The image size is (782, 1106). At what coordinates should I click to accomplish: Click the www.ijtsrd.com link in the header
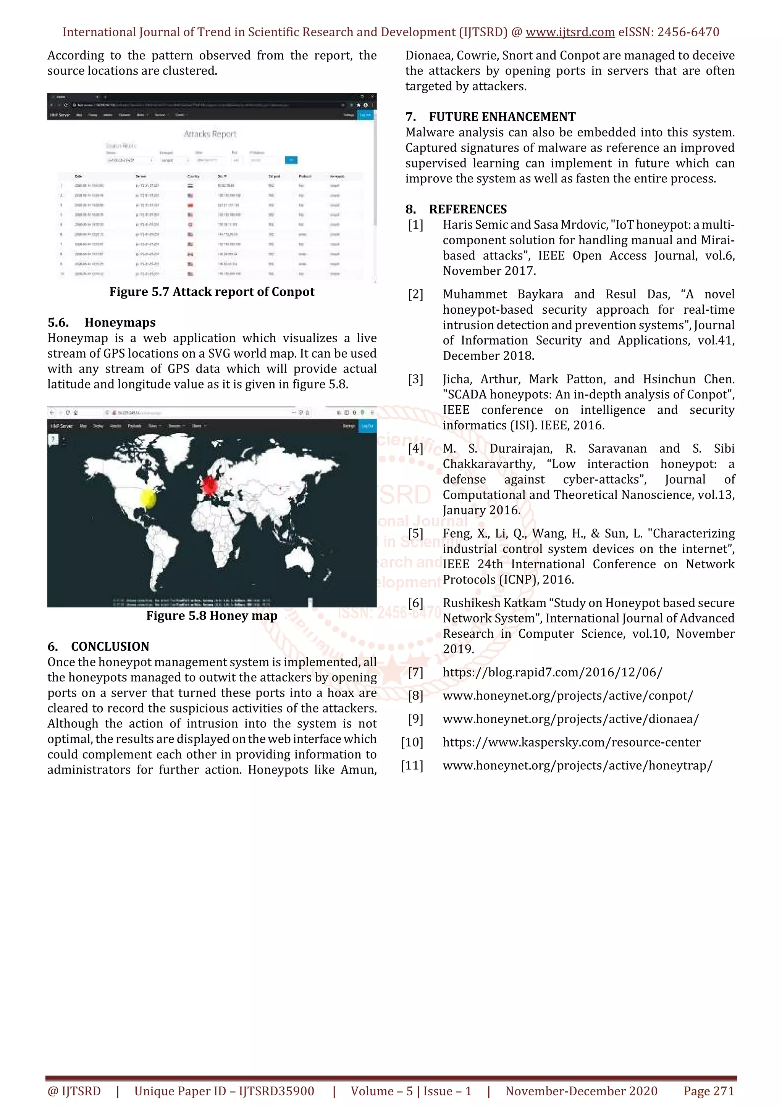click(570, 32)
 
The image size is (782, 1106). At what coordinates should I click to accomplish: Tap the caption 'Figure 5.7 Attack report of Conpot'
click(212, 292)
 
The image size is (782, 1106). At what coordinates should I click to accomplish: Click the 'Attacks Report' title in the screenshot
click(210, 134)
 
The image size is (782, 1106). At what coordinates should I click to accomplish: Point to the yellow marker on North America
click(149, 498)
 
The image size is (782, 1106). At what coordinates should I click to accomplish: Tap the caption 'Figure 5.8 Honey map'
click(212, 616)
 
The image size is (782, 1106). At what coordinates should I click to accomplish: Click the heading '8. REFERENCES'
click(456, 209)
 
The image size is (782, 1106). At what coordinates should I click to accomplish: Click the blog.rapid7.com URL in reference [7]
click(552, 672)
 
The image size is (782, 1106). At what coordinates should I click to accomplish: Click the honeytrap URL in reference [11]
click(577, 766)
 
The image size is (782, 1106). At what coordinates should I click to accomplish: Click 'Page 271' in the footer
click(708, 1091)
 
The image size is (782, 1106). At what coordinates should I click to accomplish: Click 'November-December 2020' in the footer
click(581, 1091)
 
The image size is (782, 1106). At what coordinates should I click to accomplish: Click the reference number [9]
click(415, 719)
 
